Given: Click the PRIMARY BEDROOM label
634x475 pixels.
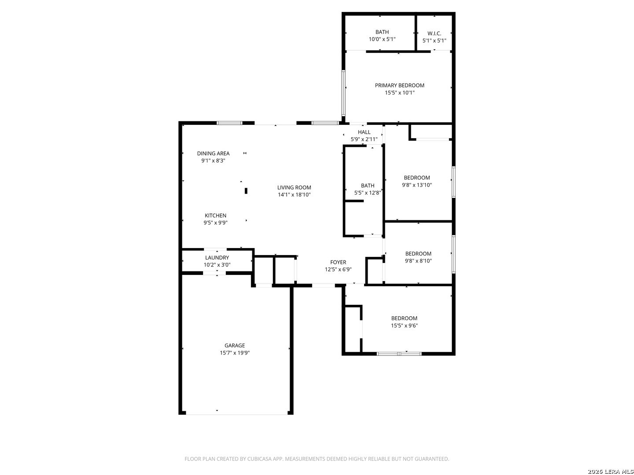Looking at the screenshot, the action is tap(399, 85).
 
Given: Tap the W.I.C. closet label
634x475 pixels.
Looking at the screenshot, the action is tap(434, 33).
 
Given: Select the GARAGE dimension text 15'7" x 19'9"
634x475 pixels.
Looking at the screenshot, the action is tap(235, 353).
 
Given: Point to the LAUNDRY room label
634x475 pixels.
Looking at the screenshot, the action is tap(217, 258).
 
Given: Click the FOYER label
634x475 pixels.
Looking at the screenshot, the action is tap(338, 262).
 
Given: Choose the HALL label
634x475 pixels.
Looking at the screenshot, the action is tap(364, 132).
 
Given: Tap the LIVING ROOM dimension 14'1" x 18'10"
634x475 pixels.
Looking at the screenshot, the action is tap(294, 195).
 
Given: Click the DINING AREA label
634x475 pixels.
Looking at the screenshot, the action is tap(213, 153).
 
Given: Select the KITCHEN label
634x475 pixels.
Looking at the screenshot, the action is tap(215, 216).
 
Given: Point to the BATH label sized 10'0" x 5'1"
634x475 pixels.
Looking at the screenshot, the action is tap(382, 32).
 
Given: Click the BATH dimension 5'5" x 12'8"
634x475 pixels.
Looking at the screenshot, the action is tap(367, 193).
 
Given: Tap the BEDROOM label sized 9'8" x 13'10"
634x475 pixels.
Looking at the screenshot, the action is tap(417, 178).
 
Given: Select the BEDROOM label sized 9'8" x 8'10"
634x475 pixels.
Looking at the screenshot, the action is tap(418, 254).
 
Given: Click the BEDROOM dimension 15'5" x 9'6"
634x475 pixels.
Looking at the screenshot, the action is tap(404, 325).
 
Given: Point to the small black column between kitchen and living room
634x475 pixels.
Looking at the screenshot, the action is tap(246, 191).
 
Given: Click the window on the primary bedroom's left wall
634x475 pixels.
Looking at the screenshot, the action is tap(343, 93).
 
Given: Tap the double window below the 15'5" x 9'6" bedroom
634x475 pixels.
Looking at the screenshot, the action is tap(399, 354).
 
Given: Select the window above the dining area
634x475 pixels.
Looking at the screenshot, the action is tap(229, 123).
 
